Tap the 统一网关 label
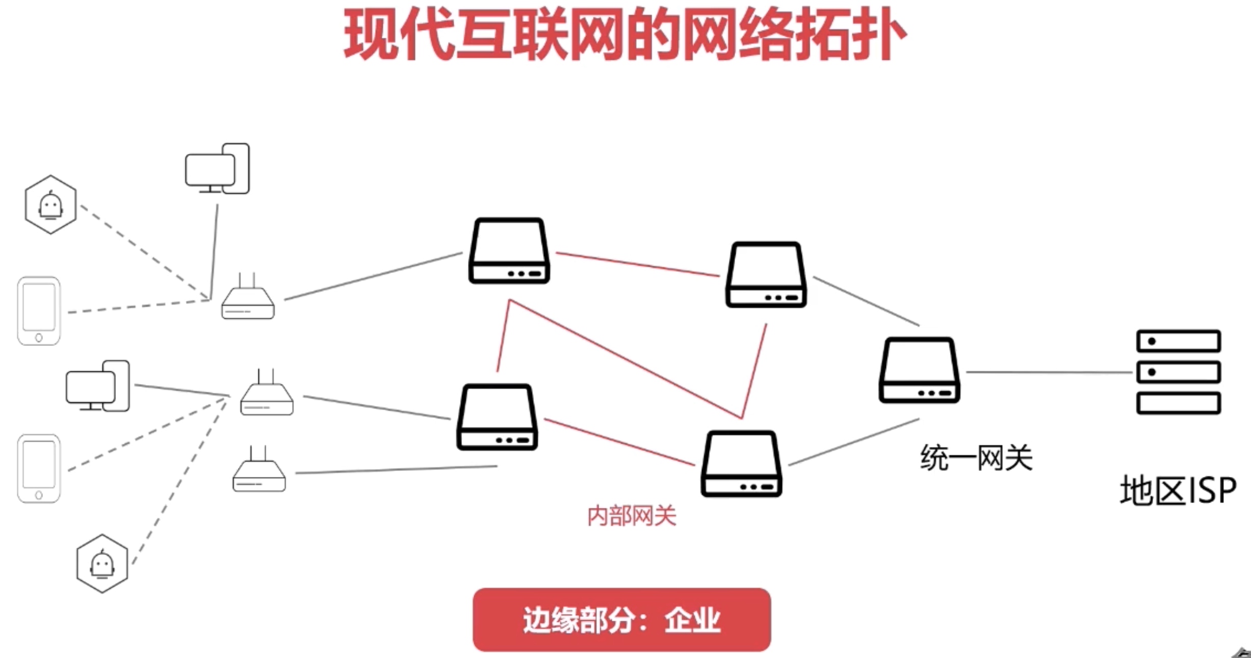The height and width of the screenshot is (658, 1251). [x=976, y=458]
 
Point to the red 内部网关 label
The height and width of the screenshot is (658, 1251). [x=632, y=516]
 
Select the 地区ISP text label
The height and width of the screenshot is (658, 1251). [x=1178, y=490]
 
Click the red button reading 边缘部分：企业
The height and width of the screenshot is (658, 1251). [x=621, y=620]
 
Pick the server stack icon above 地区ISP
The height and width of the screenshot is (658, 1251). [x=1178, y=372]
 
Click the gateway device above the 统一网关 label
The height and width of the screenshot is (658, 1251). [x=919, y=370]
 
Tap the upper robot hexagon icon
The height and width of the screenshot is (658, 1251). [x=50, y=205]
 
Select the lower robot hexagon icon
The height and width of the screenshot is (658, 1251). [x=102, y=563]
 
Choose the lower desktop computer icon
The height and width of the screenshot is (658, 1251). [x=98, y=386]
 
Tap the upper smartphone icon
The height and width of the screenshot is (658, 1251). [x=39, y=311]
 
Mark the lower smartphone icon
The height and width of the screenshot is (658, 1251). [x=39, y=468]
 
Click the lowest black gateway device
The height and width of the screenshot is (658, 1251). [x=741, y=464]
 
